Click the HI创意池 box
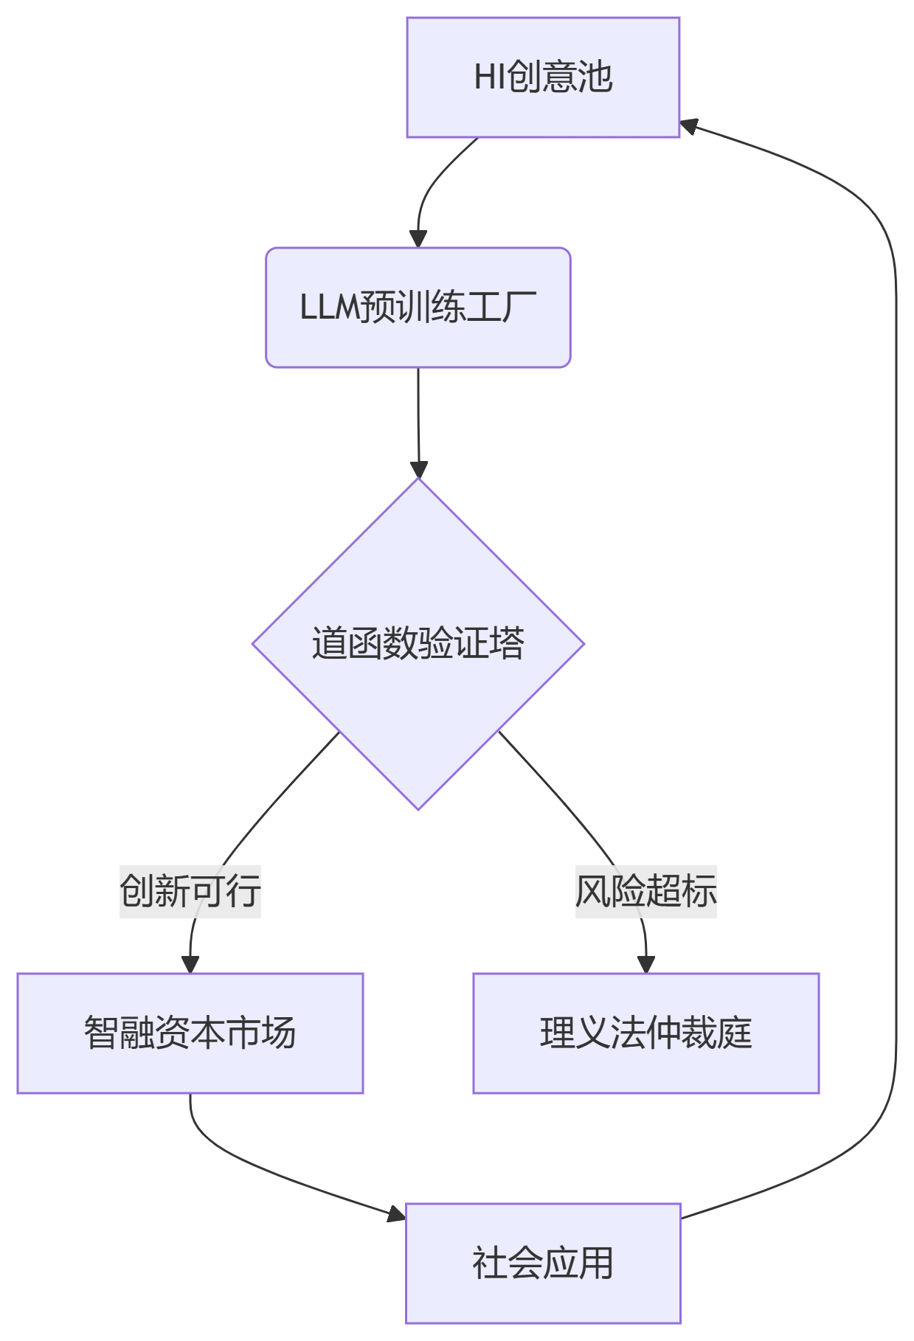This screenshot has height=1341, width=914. tap(543, 77)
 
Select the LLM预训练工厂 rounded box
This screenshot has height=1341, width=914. tap(418, 308)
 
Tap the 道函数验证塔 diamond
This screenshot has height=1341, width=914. tap(418, 644)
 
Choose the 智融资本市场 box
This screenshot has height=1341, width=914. tap(190, 1033)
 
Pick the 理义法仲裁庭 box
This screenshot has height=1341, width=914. tap(645, 1033)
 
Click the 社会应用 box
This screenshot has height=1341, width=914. tap(543, 1263)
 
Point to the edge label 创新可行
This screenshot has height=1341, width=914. tap(190, 891)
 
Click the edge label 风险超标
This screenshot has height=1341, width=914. tap(645, 891)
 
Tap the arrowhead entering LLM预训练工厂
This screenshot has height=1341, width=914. tap(418, 240)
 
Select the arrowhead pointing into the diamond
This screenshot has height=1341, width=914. tap(419, 470)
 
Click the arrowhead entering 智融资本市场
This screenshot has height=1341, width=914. tap(190, 965)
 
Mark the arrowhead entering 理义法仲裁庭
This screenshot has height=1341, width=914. tap(646, 965)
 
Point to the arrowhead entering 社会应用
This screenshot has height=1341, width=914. tap(397, 1213)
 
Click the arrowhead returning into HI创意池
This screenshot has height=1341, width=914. tap(688, 126)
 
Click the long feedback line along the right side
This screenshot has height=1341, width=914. tap(896, 664)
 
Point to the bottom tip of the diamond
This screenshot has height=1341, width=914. tap(418, 808)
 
